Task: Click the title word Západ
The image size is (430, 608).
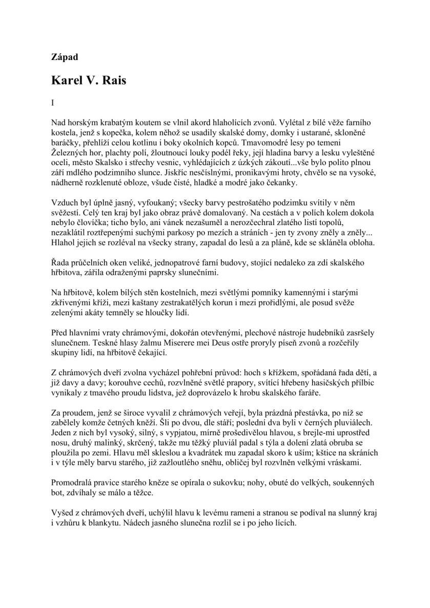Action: pos(65,57)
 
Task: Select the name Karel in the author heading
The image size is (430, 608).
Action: pos(69,80)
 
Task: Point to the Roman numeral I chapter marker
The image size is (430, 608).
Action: pos(53,103)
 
